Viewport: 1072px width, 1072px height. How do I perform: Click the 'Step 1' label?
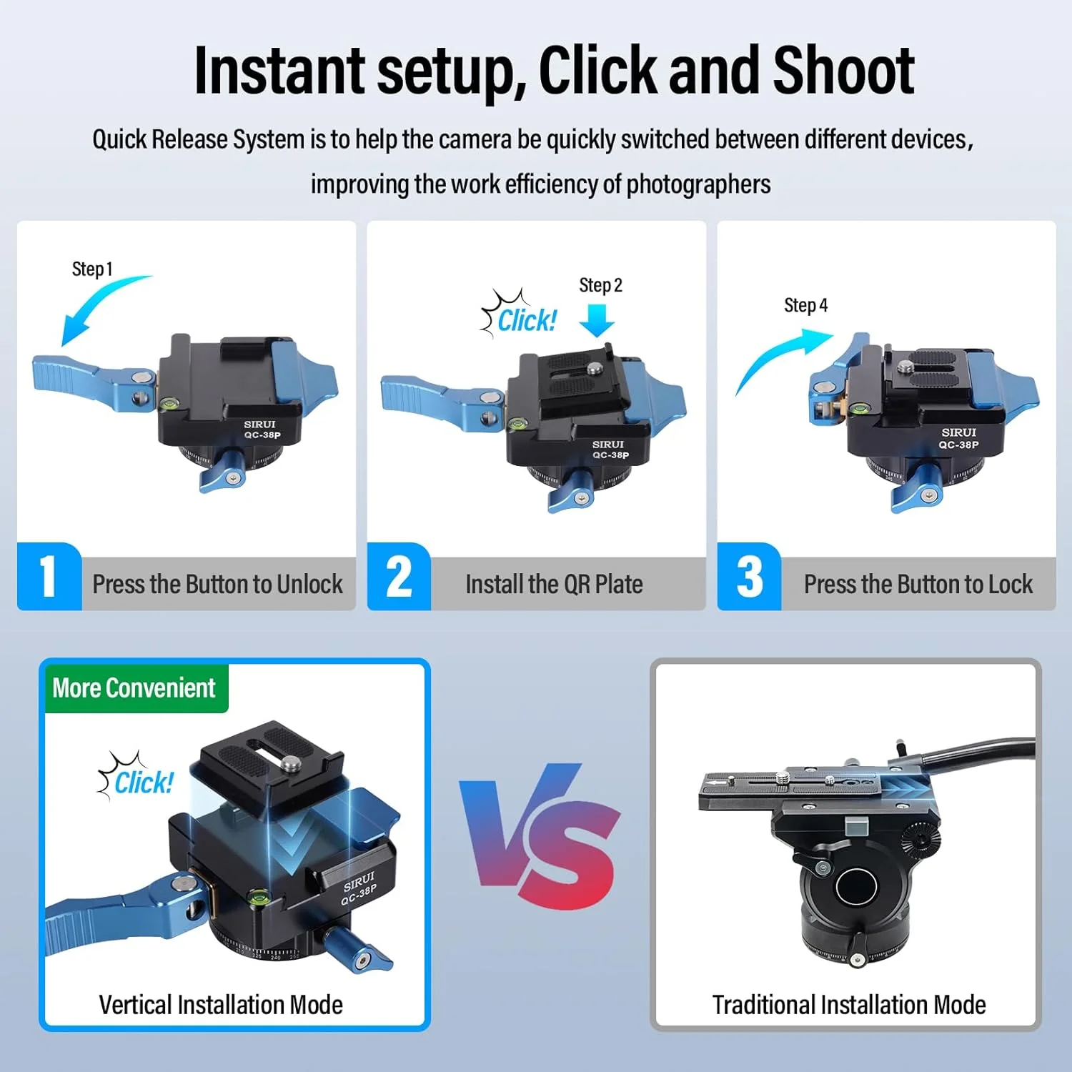click(92, 269)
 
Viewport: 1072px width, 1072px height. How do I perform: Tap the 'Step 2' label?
click(600, 285)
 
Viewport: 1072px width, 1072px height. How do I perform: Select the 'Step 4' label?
click(805, 305)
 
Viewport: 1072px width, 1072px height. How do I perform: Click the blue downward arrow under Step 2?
click(597, 320)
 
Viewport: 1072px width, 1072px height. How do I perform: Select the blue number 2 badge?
click(399, 577)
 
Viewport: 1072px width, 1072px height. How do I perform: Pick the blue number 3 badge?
click(749, 577)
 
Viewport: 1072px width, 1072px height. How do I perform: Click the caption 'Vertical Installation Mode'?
click(221, 1005)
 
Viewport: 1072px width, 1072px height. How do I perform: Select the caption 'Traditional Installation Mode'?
click(849, 1005)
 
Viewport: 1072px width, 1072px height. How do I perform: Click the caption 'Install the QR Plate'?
click(554, 585)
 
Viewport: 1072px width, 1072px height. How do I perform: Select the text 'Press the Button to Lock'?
click(918, 585)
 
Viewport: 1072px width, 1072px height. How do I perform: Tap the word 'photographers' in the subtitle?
click(698, 185)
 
